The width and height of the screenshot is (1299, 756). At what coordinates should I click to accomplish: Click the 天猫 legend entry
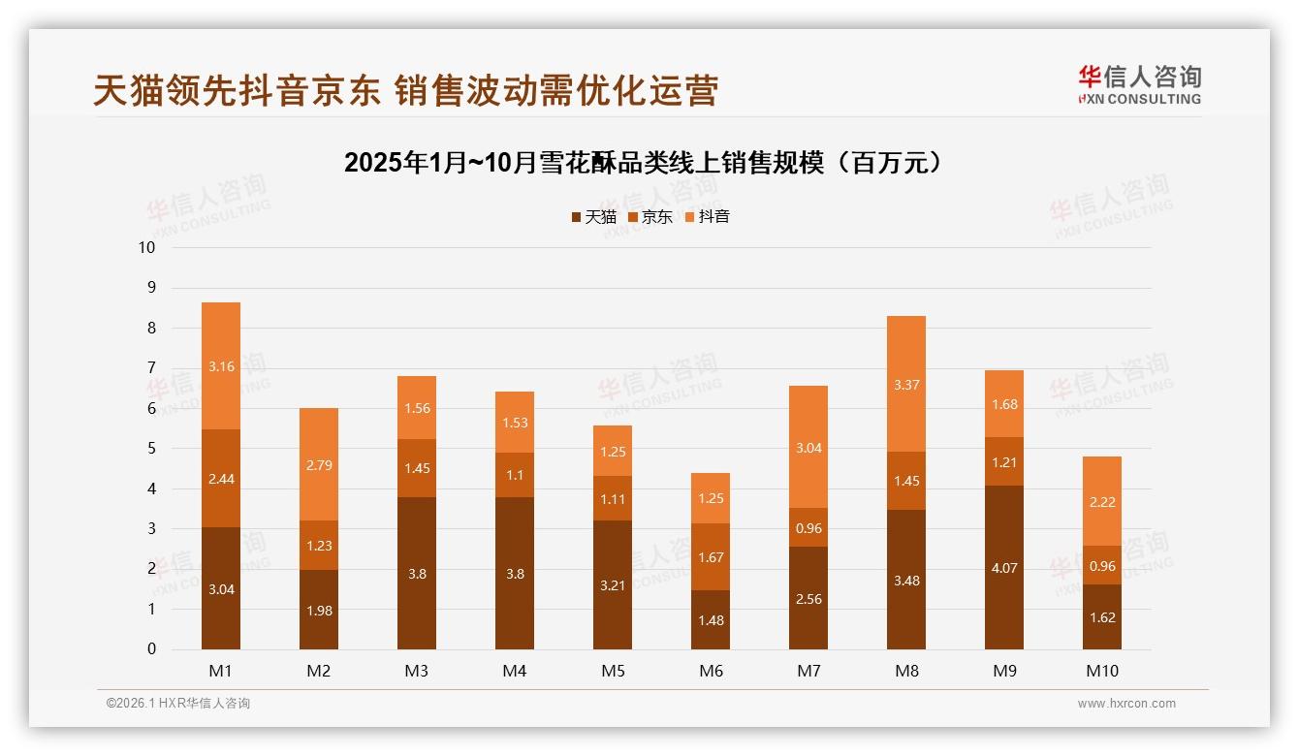point(592,217)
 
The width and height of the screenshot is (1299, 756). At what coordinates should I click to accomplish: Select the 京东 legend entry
point(649,217)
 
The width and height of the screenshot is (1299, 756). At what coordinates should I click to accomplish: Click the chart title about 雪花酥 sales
point(643,163)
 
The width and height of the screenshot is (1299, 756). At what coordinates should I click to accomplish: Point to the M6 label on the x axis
point(711,671)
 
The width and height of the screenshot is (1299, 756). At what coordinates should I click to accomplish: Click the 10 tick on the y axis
point(146,247)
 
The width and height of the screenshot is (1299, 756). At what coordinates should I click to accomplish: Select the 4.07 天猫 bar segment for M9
point(1004,568)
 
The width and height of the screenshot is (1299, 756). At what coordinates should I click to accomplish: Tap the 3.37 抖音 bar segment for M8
point(906,384)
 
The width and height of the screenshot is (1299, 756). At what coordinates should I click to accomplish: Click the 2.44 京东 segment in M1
point(221,478)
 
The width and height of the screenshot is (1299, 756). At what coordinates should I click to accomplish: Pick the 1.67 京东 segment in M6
point(711,557)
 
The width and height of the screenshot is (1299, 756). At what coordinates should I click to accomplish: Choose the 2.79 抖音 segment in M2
point(319,464)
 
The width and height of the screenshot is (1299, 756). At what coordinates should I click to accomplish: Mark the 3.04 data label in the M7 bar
point(808,448)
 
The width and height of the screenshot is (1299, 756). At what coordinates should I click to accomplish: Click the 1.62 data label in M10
point(1102,617)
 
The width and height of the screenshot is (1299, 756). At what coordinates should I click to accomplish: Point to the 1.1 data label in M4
point(515,475)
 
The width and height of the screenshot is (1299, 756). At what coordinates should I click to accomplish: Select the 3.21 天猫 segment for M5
point(613,584)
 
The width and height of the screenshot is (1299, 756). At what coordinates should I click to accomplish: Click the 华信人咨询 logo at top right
point(1139,85)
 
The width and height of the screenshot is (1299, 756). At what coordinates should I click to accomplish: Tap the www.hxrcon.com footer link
point(1126,704)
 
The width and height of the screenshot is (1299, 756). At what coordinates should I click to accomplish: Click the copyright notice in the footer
point(178,704)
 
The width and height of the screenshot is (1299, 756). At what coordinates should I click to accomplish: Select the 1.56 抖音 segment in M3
point(417,408)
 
